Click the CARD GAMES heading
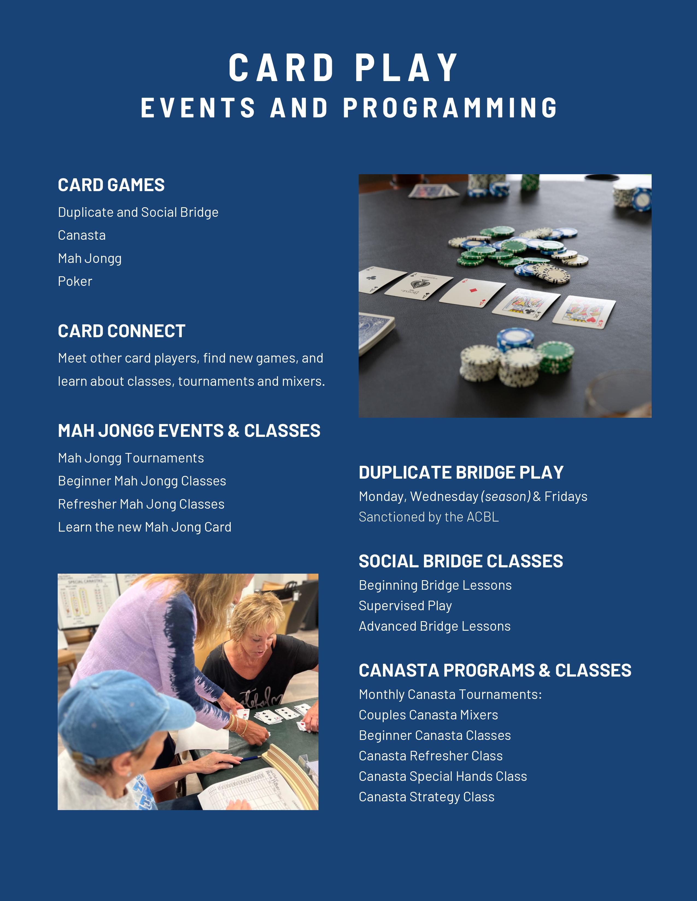tap(111, 185)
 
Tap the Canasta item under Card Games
tap(82, 235)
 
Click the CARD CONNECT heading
tap(121, 331)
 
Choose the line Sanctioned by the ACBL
tap(429, 517)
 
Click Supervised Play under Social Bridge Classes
tap(405, 606)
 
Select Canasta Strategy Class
tap(426, 797)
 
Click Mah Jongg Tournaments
tap(131, 458)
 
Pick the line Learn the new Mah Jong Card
tap(145, 527)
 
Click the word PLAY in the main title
tap(407, 68)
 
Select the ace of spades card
tap(418, 285)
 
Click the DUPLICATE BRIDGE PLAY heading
tap(461, 472)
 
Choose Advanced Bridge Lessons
tap(434, 626)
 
